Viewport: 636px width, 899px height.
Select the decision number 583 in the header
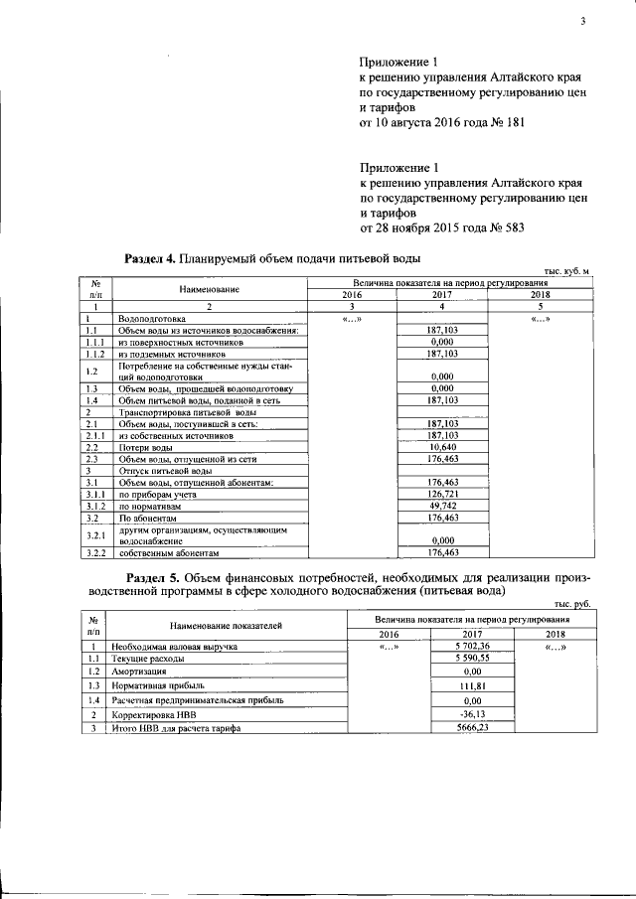tap(509, 227)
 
